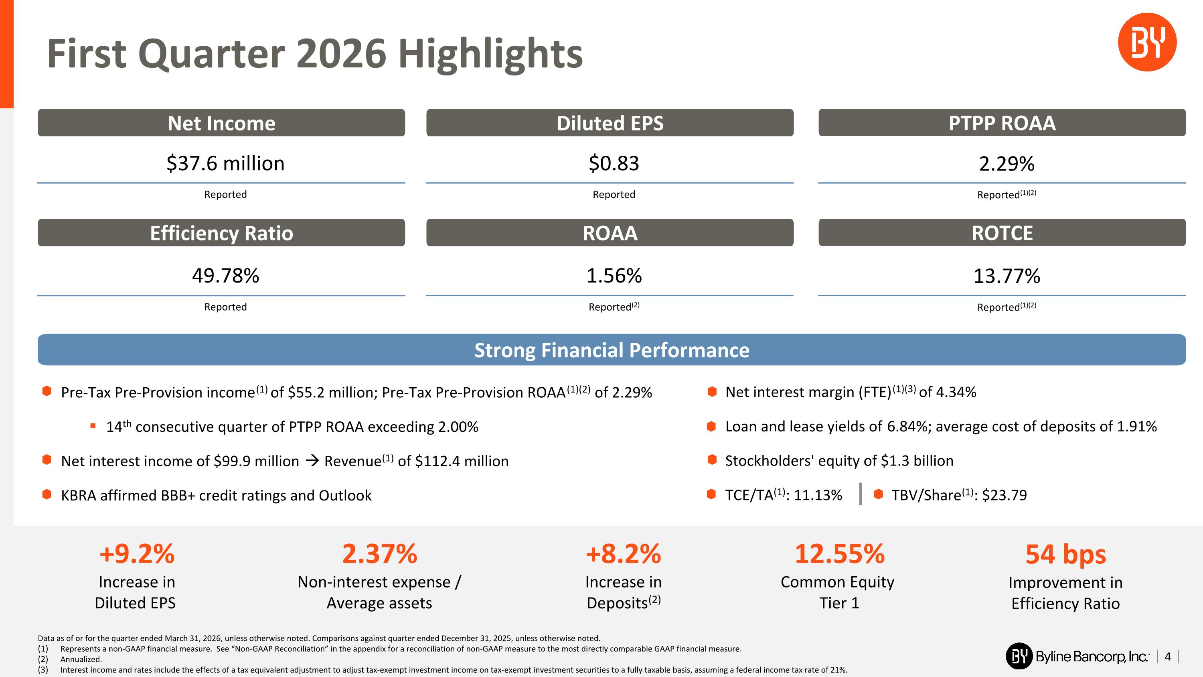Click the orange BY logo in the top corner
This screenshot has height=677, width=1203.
point(1147,42)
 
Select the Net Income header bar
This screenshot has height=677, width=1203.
point(221,123)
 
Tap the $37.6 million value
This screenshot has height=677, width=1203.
point(225,163)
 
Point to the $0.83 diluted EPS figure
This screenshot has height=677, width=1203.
point(614,163)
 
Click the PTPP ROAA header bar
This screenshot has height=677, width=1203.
point(1002,123)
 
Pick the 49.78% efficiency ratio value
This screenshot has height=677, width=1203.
point(225,276)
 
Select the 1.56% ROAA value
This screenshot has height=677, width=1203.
point(614,276)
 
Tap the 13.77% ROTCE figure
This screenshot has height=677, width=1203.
point(1007,276)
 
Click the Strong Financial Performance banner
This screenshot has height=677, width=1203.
point(612,350)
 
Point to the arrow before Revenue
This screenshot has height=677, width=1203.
point(312,461)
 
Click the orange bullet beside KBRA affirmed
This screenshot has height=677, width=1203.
point(47,494)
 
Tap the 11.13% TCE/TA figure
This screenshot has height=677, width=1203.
point(818,495)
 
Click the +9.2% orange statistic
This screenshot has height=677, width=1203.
point(137,554)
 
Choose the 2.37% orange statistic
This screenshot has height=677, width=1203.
point(380,554)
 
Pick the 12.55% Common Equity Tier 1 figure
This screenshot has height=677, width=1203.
point(840,554)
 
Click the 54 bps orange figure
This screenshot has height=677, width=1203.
point(1066,554)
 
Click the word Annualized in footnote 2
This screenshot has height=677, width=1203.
point(81,659)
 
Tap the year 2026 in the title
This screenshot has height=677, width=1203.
point(341,53)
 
